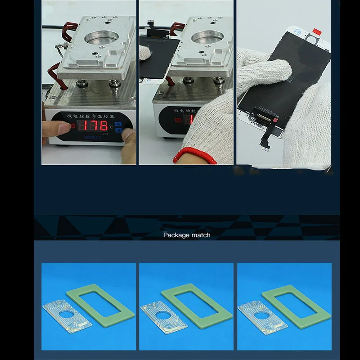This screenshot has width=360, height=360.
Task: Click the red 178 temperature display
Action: click(x=93, y=125)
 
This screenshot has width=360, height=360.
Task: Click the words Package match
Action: click(x=186, y=235)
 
